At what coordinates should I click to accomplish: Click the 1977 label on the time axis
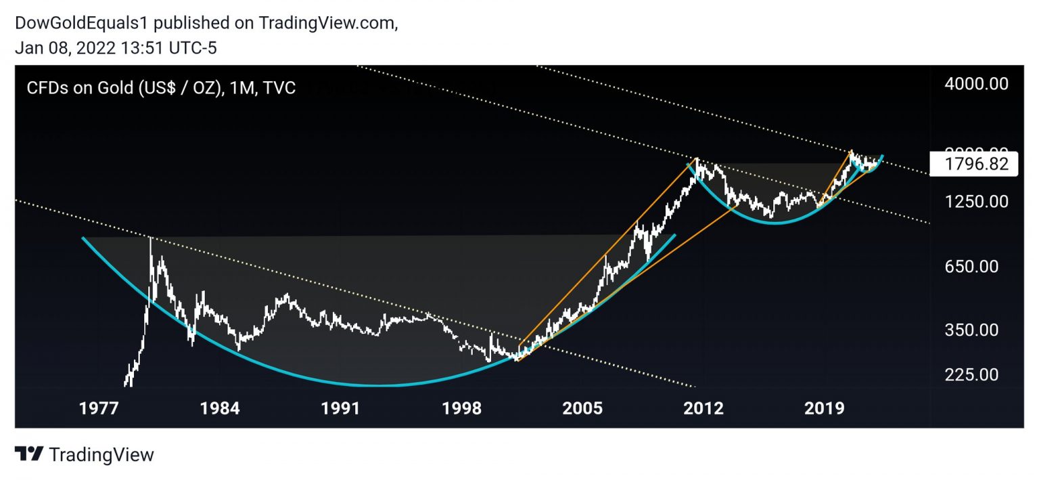click(x=98, y=408)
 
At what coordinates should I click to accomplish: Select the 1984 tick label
click(x=219, y=408)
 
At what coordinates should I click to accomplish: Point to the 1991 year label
click(x=340, y=408)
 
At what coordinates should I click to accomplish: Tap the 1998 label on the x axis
click(x=462, y=408)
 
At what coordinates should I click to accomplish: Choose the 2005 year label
click(x=583, y=408)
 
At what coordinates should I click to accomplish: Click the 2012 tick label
click(x=704, y=408)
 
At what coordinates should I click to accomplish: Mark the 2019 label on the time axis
click(x=825, y=408)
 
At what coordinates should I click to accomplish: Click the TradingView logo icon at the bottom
click(x=30, y=454)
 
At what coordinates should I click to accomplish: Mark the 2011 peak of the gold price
click(x=696, y=158)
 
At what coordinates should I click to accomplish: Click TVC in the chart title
click(x=280, y=88)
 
